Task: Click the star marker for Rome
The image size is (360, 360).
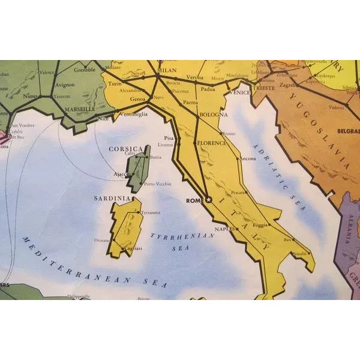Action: pos(209,200)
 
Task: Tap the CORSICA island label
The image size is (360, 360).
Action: pos(125,148)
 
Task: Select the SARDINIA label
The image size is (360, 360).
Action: pos(111,197)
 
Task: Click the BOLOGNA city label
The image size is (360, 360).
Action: pos(214,114)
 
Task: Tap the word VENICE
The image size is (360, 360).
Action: pos(239,92)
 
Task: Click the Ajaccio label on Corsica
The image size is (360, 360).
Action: pos(122,174)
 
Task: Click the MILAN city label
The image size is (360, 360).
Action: pos(167,70)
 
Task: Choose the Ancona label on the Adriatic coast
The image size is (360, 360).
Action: pos(247,159)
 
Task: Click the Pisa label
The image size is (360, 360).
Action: pos(168,137)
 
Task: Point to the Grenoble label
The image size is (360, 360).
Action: pos(85,69)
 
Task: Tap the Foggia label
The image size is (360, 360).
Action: pos(260,226)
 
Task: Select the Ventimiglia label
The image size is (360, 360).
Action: pos(133,115)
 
